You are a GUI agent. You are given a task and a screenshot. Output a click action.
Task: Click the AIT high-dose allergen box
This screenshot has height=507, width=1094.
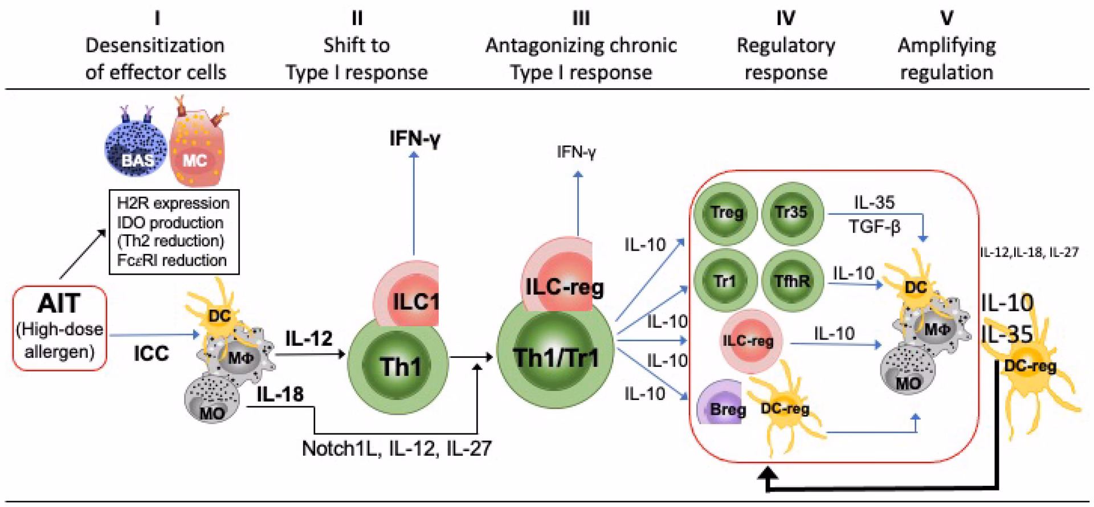60,328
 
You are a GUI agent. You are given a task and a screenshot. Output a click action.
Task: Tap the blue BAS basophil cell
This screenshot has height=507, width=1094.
136,150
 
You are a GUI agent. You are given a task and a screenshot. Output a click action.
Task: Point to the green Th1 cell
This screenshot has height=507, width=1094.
398,365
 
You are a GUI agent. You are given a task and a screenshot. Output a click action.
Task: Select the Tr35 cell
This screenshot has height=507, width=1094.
791,212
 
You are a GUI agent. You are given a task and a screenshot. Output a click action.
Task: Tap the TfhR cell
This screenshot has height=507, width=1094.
791,280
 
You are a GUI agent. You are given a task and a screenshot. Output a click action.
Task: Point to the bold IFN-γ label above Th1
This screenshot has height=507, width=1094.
415,138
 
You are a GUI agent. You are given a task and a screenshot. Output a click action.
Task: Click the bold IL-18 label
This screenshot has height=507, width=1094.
280,394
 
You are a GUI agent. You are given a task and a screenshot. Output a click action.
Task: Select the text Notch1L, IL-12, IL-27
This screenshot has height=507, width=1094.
397,449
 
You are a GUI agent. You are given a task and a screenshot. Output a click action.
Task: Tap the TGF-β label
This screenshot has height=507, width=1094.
874,227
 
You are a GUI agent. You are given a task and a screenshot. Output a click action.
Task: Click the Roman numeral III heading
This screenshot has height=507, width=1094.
581,19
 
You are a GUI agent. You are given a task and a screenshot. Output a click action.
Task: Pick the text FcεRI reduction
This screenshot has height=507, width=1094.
172,260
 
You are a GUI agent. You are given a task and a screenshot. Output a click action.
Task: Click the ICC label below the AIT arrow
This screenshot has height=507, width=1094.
151,354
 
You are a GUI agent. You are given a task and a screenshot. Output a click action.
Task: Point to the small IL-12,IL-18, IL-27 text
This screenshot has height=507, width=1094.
1029,252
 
